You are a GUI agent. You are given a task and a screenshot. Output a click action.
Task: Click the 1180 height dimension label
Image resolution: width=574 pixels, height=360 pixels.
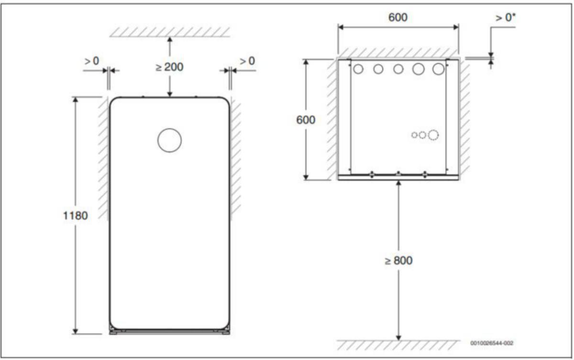pyautogui.click(x=76, y=216)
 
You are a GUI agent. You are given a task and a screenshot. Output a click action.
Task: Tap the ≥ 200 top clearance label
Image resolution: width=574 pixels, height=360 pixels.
pyautogui.click(x=169, y=67)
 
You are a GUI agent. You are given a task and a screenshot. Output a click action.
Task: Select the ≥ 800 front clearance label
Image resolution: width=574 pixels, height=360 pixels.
pyautogui.click(x=398, y=261)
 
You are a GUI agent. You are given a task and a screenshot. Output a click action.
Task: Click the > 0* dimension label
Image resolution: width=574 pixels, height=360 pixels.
pyautogui.click(x=505, y=18)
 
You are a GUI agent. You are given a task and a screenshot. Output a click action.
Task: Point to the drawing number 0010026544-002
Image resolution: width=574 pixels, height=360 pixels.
pyautogui.click(x=492, y=343)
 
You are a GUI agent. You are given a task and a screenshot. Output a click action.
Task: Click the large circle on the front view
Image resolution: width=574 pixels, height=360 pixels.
pyautogui.click(x=170, y=129)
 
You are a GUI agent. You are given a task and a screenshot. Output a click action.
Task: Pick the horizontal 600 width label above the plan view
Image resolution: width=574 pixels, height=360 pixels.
pyautogui.click(x=398, y=17)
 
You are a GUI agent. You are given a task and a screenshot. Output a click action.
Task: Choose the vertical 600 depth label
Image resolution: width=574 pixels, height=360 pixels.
pyautogui.click(x=306, y=120)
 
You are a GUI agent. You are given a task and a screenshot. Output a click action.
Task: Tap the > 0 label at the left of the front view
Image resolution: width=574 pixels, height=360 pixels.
pyautogui.click(x=92, y=61)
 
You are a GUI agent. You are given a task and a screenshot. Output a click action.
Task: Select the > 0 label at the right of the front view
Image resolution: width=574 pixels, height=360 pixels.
pyautogui.click(x=247, y=61)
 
